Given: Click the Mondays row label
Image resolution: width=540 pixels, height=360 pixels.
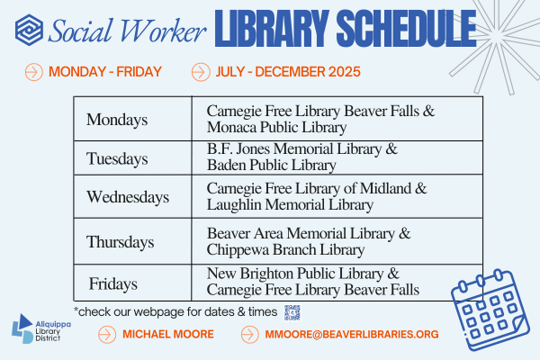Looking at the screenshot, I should coord(117,119).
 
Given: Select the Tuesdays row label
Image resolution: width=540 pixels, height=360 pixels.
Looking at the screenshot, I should coord(117,159).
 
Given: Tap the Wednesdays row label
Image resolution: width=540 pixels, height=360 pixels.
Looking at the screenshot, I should coord(128,196).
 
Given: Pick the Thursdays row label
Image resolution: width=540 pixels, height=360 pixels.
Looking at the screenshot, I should coord(121,241).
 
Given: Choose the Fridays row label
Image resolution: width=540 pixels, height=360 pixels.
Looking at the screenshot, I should coord(112,283).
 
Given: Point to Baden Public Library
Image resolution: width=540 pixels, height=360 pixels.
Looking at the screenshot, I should coord(271,165).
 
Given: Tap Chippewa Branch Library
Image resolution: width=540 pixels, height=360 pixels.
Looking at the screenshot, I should coord(285,249).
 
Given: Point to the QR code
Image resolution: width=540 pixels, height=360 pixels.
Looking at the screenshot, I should coord(292,312).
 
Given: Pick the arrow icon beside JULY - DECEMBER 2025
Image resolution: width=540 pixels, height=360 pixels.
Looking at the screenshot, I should coord(201,71).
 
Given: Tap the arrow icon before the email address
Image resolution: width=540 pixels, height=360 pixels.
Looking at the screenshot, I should coord(251,334).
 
